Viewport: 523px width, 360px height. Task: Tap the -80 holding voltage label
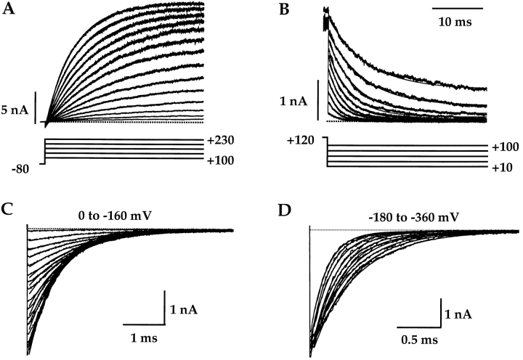[x=23, y=169]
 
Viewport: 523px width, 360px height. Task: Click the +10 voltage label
[x=500, y=167]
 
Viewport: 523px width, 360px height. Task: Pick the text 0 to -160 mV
[x=126, y=214]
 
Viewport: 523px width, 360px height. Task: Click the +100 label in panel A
[x=219, y=160]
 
